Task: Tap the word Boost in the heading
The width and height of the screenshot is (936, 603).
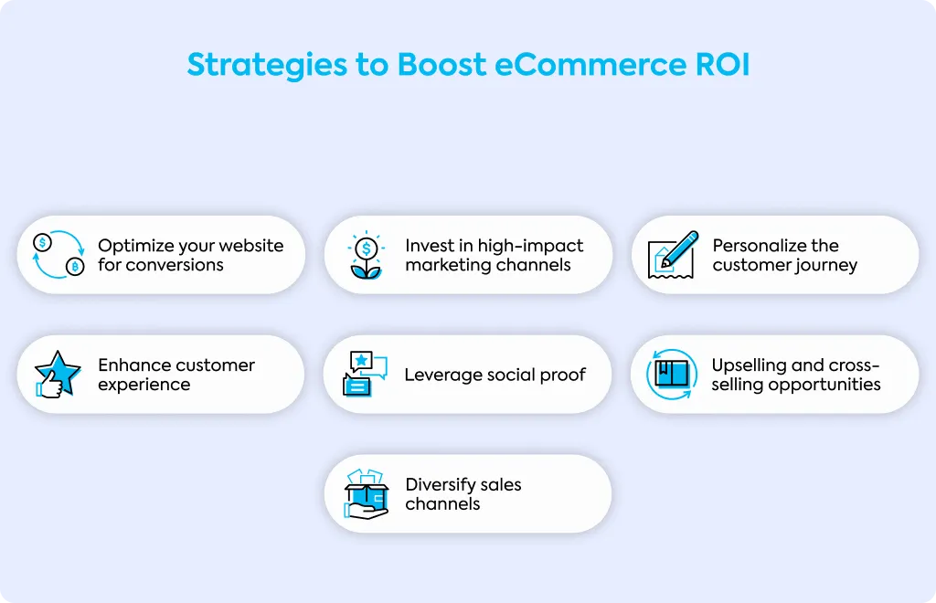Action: (441, 65)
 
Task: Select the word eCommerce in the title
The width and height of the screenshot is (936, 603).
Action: (590, 65)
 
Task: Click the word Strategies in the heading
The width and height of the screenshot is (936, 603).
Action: (267, 66)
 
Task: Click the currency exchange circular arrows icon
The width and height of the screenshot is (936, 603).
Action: (58, 255)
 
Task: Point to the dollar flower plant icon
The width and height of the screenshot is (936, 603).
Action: (366, 255)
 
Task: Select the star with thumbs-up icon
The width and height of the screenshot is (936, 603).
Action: (58, 374)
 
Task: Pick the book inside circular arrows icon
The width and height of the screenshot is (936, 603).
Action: (672, 374)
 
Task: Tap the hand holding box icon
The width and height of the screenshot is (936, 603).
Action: (366, 494)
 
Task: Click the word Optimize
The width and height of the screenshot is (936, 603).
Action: (135, 247)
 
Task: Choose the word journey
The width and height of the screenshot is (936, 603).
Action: (826, 266)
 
